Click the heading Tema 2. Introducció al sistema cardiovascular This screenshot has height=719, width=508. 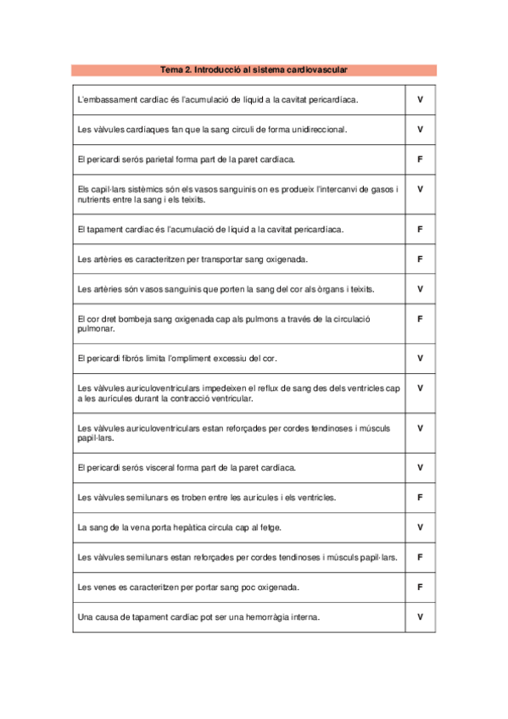click(254, 70)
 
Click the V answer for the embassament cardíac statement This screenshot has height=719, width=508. click(420, 99)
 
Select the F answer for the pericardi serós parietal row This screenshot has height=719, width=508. click(420, 159)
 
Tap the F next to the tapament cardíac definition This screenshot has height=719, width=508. click(420, 229)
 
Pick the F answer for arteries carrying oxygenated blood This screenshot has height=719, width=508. click(420, 259)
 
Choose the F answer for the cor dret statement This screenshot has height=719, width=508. click(420, 319)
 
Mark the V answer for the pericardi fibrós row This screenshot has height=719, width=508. click(420, 358)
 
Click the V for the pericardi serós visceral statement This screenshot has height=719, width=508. click(420, 467)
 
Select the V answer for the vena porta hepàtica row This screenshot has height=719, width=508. click(420, 527)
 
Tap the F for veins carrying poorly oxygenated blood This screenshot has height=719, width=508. click(420, 587)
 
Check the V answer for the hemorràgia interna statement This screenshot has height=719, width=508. click(420, 616)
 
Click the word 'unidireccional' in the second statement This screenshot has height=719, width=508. click(319, 130)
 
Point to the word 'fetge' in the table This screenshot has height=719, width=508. click(270, 527)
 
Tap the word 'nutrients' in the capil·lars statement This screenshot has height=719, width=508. click(93, 200)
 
